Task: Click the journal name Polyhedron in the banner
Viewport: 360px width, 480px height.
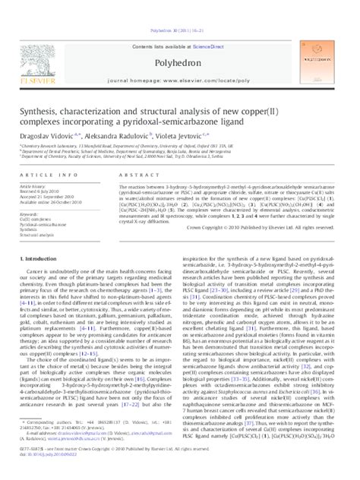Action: point(180,35)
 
